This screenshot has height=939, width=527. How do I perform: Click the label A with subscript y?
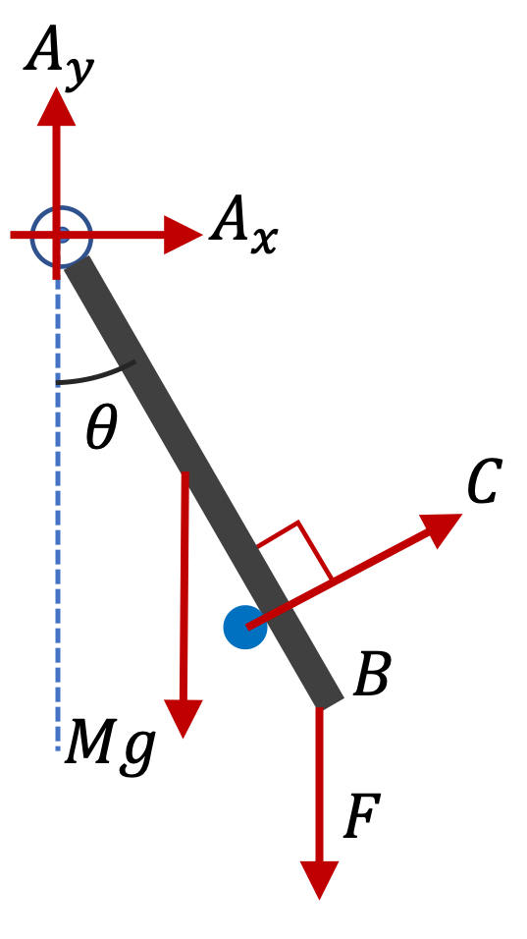pyautogui.click(x=59, y=56)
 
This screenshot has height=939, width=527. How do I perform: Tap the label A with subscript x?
pyautogui.click(x=243, y=225)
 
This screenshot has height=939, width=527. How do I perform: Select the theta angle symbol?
pyautogui.click(x=101, y=427)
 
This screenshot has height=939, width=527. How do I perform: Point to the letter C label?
pyautogui.click(x=485, y=482)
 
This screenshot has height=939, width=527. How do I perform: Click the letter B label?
pyautogui.click(x=372, y=674)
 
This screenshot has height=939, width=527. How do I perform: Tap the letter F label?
pyautogui.click(x=362, y=816)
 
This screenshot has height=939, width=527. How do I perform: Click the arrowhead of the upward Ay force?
pyautogui.click(x=57, y=107)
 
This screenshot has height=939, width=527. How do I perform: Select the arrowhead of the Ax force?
pyautogui.click(x=184, y=235)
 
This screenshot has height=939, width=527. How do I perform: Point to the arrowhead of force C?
pyautogui.click(x=443, y=528)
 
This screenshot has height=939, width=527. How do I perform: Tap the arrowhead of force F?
pyautogui.click(x=319, y=880)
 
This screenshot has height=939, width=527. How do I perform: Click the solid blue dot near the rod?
pyautogui.click(x=245, y=627)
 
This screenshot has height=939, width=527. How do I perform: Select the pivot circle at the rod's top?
pyautogui.click(x=61, y=236)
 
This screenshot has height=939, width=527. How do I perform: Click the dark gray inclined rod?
pyautogui.click(x=204, y=481)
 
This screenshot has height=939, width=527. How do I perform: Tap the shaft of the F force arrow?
pyautogui.click(x=319, y=785)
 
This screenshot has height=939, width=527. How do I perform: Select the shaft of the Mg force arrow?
pyautogui.click(x=184, y=587)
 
